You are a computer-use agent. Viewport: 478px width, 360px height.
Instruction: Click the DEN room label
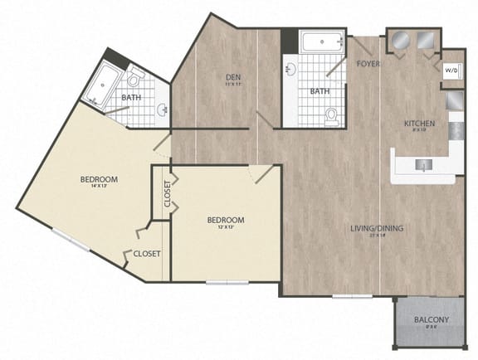click(233, 78)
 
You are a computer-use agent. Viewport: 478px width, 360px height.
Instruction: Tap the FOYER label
click(368, 63)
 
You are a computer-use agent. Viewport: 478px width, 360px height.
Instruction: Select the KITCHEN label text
click(419, 124)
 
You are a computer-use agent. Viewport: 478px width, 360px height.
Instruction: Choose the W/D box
click(452, 71)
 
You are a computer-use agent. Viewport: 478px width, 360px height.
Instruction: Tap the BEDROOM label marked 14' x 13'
click(98, 179)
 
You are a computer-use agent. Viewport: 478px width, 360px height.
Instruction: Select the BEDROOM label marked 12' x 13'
click(226, 220)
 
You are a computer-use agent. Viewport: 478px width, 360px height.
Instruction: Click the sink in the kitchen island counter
click(424, 165)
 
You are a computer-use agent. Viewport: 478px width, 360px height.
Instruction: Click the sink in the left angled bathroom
click(162, 109)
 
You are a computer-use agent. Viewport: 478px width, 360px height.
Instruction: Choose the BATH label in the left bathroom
click(131, 98)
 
